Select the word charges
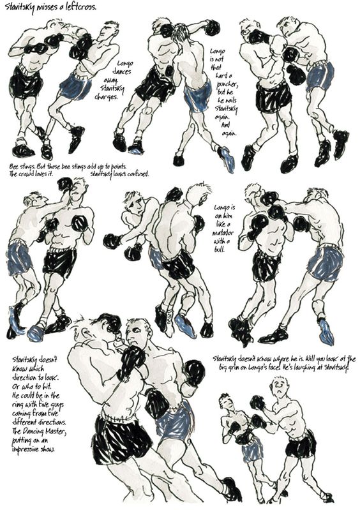pos(106,97)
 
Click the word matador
pos(223,233)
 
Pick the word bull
pos(222,250)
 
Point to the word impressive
pos(26,449)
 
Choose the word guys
pos(57,405)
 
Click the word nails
pos(230,100)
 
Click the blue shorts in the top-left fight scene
pos(75,87)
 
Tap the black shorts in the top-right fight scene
pos(273,96)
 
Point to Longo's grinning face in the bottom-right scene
pos(227,403)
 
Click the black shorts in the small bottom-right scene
pos(301,444)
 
